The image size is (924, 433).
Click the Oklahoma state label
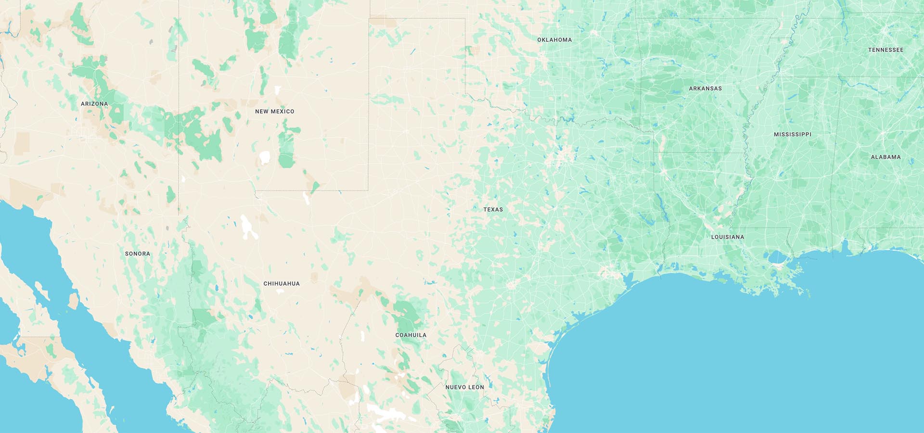554,40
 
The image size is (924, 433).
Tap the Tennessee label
885,50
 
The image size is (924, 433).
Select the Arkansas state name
705,89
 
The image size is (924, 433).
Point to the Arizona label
94,104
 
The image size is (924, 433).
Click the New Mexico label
274,112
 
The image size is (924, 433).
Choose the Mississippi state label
792,135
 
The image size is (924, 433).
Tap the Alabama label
885,157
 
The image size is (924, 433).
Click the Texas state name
493,210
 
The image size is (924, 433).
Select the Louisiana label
727,237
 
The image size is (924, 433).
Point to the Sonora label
137,254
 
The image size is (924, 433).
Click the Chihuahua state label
281,284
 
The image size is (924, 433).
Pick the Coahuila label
411,335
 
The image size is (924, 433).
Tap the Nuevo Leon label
464,387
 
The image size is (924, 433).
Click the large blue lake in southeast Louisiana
778,258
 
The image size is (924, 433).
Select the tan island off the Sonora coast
73,301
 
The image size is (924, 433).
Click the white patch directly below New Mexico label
264,157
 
